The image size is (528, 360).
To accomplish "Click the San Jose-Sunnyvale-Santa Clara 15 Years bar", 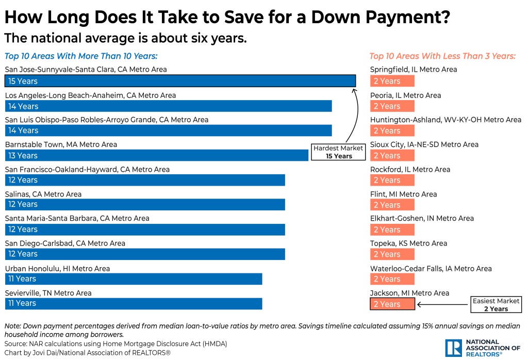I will pyautogui.click(x=180, y=81).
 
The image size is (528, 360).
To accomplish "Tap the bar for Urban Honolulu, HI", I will pyautogui.click(x=134, y=279).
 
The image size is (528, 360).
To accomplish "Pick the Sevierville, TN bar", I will pyautogui.click(x=134, y=303).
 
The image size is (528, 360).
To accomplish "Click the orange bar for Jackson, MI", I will pyautogui.click(x=392, y=304).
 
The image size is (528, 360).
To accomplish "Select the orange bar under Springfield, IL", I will pyautogui.click(x=392, y=81).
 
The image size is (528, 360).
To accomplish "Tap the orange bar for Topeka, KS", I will pyautogui.click(x=392, y=254).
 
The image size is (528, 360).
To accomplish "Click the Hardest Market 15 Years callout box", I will pyautogui.click(x=339, y=152).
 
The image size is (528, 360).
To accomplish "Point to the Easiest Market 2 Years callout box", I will pyautogui.click(x=496, y=305).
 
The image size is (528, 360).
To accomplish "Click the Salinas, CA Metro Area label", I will pyautogui.click(x=43, y=194).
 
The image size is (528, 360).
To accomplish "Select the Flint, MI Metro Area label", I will pyautogui.click(x=403, y=194).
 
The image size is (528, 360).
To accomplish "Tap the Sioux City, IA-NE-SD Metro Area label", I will pyautogui.click(x=424, y=144).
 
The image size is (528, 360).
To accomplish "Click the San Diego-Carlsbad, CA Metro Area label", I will pyautogui.click(x=65, y=243).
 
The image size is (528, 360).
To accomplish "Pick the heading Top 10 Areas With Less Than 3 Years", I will pyautogui.click(x=442, y=56).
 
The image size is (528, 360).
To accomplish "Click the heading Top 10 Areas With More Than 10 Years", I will pyautogui.click(x=81, y=56).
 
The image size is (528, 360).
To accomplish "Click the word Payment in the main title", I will pyautogui.click(x=401, y=18).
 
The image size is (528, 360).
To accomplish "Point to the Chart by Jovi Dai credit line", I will pyautogui.click(x=87, y=353).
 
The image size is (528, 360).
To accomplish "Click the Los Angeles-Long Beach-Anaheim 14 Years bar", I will pyautogui.click(x=168, y=106).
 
